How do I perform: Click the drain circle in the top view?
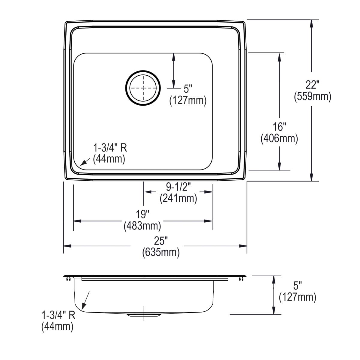pos(143,88)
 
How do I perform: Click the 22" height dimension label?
pos(312,85)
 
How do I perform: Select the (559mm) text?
pos(313,96)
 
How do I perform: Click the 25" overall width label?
pos(161,241)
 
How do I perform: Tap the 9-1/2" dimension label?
pos(178,187)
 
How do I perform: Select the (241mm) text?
pos(178,198)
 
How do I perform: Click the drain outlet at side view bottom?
pos(144,315)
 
